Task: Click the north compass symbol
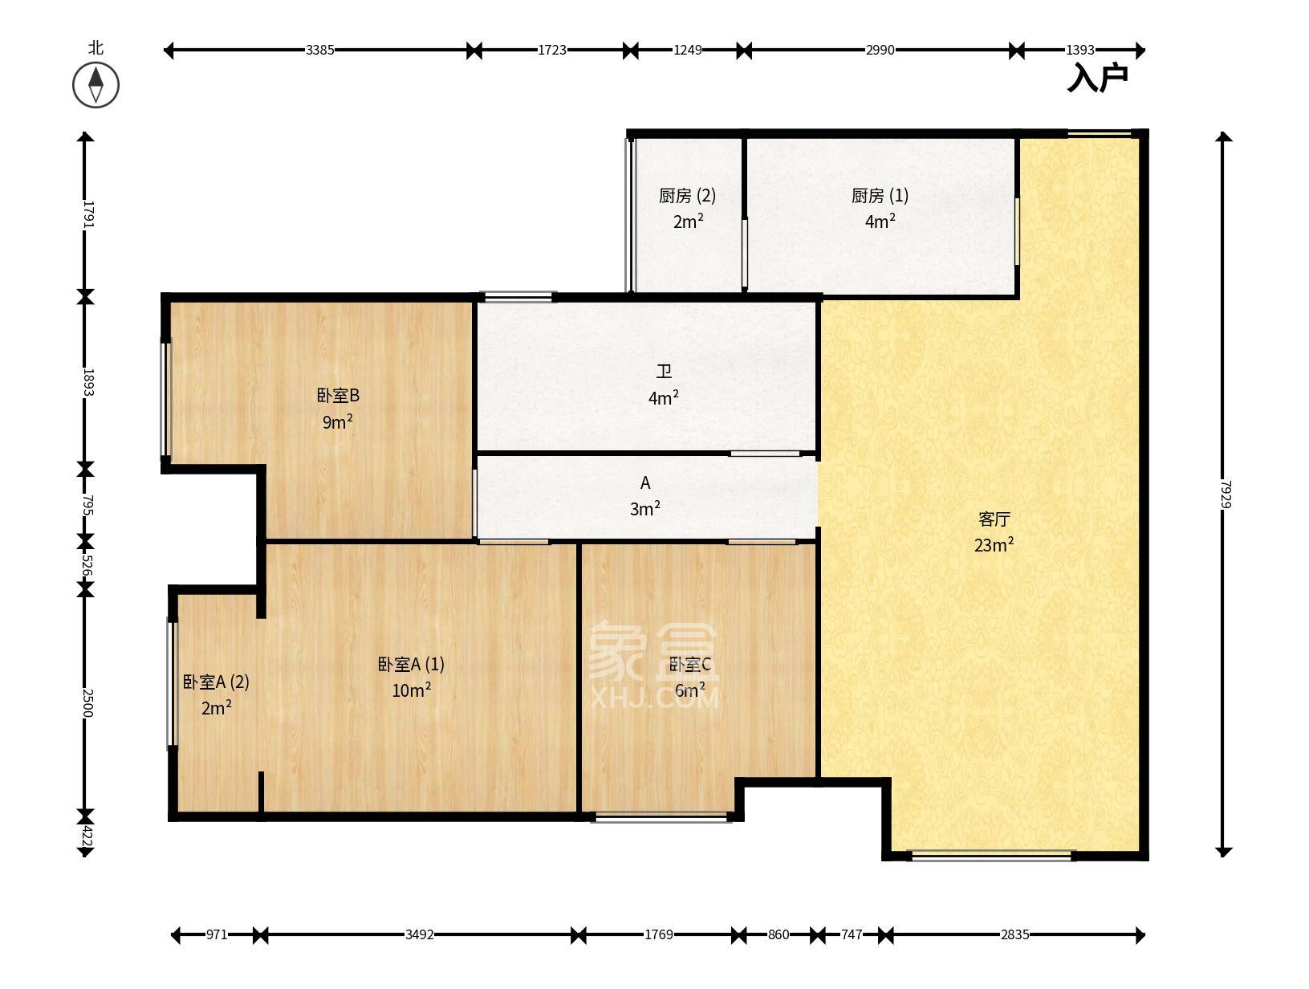[96, 84]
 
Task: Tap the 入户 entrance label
[1097, 78]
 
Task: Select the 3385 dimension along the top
[319, 50]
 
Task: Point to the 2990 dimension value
[880, 50]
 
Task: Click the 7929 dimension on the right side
[1224, 494]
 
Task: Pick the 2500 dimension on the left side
[87, 702]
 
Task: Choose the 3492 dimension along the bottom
[419, 934]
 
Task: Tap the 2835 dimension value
[1014, 934]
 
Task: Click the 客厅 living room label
[994, 519]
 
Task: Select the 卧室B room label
[338, 396]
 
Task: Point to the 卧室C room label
[690, 665]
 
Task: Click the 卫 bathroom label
[664, 372]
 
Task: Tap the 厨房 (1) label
[880, 196]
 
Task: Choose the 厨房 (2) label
[687, 196]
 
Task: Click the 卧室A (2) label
[216, 682]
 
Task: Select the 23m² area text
[994, 545]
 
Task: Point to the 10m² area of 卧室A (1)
[411, 690]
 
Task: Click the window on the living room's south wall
[992, 855]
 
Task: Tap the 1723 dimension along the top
[551, 50]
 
